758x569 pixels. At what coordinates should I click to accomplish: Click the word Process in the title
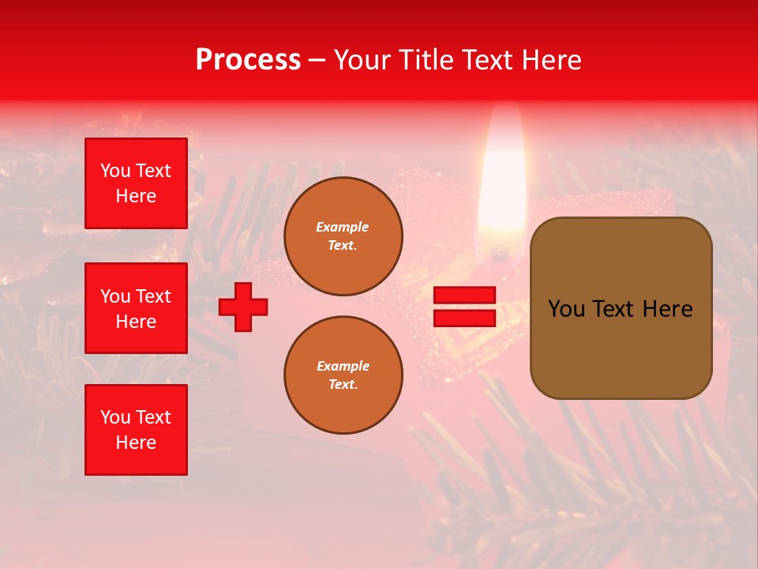pos(248,60)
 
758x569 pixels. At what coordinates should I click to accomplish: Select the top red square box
pos(136,183)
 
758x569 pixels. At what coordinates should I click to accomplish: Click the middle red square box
pos(136,308)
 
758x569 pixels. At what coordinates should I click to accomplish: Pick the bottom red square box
pos(136,430)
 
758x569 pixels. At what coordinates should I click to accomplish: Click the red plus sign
pos(243,307)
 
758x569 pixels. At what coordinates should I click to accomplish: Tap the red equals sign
pos(464,307)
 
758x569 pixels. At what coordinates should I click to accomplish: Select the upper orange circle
pos(343,236)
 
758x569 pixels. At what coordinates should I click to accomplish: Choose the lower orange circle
pos(343,375)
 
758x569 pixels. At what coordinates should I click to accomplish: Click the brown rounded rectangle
pos(621,308)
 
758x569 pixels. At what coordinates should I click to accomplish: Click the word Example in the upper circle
pos(343,227)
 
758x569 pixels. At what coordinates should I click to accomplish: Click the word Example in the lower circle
pos(343,366)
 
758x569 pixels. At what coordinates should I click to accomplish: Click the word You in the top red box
pos(115,171)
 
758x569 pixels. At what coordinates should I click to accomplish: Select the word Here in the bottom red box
pos(136,443)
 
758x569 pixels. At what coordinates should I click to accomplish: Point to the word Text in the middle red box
pos(153,296)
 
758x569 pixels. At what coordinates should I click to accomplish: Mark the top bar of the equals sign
pos(464,296)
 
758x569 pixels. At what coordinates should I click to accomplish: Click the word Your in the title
pos(362,60)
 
